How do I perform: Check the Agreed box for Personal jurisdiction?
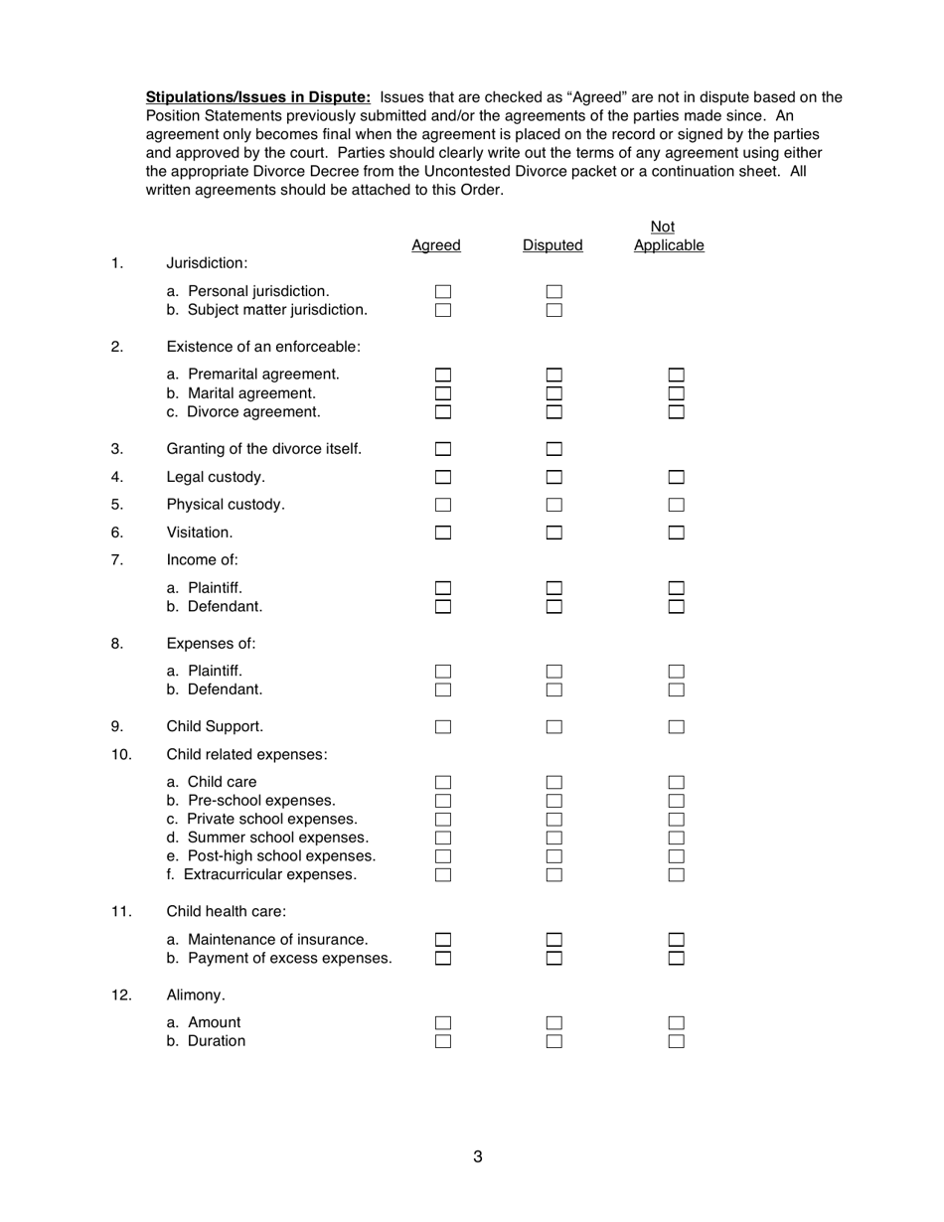click(x=443, y=292)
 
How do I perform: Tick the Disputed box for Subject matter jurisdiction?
click(x=554, y=310)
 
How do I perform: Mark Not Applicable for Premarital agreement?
click(x=677, y=375)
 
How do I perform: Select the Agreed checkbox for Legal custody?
click(x=443, y=477)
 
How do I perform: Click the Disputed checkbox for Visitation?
click(x=554, y=533)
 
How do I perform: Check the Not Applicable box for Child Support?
click(x=677, y=726)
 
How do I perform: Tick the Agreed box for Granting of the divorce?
click(x=443, y=449)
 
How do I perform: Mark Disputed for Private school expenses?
click(x=554, y=820)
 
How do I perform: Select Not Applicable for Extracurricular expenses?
click(x=677, y=875)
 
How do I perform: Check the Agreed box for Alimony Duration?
click(x=443, y=1041)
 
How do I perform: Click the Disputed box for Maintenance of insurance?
click(x=554, y=939)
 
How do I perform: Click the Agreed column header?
click(x=436, y=245)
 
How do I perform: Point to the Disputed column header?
click(x=552, y=245)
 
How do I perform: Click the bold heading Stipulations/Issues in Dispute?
click(x=258, y=97)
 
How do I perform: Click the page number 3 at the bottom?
click(x=478, y=1156)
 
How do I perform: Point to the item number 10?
click(x=120, y=754)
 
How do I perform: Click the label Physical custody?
click(x=226, y=505)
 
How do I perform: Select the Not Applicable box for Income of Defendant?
click(x=677, y=606)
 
